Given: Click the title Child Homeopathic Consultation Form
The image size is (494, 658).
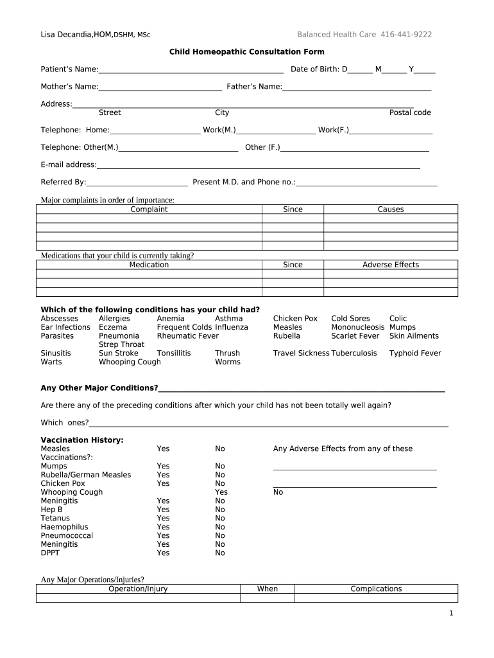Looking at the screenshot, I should coord(246,51).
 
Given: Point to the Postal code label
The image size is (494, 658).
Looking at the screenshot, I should coord(410,112).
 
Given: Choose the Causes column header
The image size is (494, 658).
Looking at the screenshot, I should coord(391,209).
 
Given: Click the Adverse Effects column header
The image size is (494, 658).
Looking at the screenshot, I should coord(391,265).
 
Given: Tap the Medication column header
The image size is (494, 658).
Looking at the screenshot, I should coord(149,265).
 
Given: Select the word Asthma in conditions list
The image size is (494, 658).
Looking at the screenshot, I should coord(229,319).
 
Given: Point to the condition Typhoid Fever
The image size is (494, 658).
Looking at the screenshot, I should coord(415,353).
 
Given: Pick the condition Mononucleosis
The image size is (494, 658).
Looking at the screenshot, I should coord(358,327).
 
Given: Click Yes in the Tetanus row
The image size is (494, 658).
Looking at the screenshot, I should coord(163,519).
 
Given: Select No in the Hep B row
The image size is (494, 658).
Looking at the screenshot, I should coord(220,510).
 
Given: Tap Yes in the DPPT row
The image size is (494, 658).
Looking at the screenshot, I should coord(163,553).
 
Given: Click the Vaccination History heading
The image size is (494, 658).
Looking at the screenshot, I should coord(82,440).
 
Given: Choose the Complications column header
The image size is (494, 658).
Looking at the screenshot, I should coord(376,589).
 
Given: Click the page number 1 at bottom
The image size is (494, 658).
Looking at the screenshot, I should coord(451,614).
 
